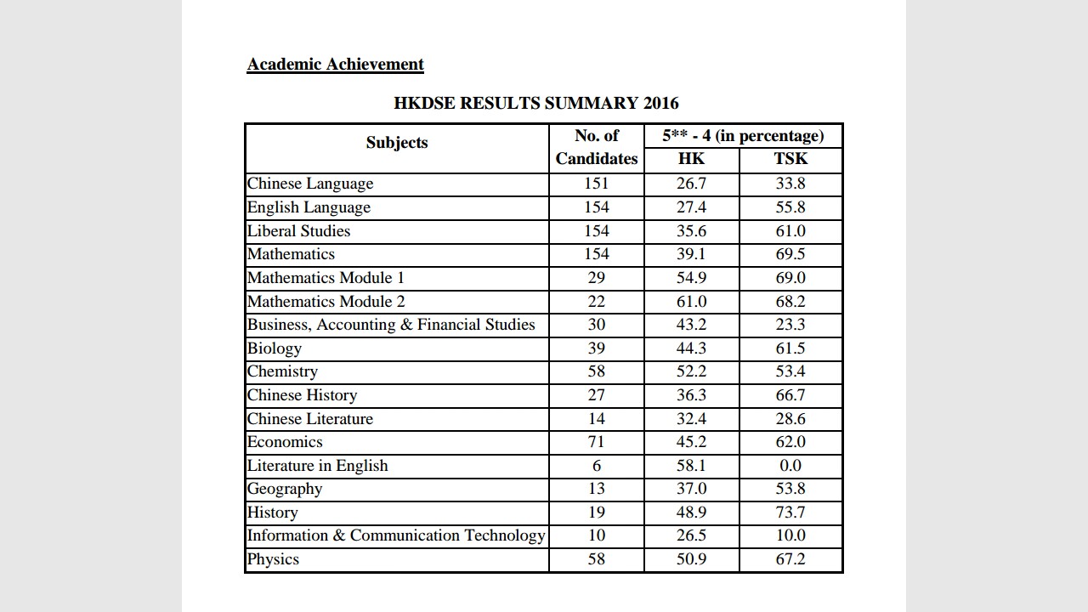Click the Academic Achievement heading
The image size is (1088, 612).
(x=335, y=65)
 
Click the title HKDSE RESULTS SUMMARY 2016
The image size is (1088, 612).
(x=536, y=104)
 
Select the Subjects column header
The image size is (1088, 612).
(x=397, y=143)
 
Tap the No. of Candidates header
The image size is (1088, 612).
(x=597, y=147)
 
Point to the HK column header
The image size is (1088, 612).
(x=691, y=159)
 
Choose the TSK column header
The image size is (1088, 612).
(x=790, y=159)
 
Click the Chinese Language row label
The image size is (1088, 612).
(x=310, y=184)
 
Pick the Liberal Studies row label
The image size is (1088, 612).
(x=298, y=231)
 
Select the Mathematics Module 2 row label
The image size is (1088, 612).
(x=326, y=302)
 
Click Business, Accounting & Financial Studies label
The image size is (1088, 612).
(x=391, y=325)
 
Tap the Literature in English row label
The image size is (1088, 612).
(x=317, y=466)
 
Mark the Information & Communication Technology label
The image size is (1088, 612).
(x=396, y=535)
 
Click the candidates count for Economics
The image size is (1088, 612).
(x=597, y=442)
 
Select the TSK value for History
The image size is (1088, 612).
(x=790, y=513)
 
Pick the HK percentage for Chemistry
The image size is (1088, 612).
(x=691, y=371)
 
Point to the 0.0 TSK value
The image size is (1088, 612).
(x=790, y=466)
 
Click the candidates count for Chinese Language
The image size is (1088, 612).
(x=597, y=184)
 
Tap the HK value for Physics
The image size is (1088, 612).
(x=691, y=559)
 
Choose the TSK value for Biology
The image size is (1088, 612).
(x=790, y=348)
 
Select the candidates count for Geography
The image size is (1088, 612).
(x=597, y=489)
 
